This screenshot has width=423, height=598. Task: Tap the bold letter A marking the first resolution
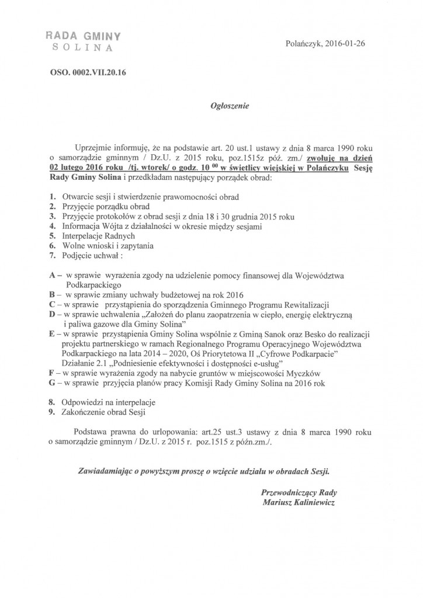click(x=52, y=275)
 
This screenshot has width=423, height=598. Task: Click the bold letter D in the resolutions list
click(x=52, y=315)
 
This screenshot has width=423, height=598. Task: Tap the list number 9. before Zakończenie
click(x=53, y=412)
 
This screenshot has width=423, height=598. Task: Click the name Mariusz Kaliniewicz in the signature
click(x=300, y=503)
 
